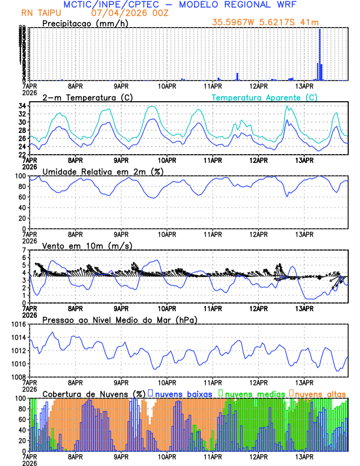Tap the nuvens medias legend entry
[x=252, y=394]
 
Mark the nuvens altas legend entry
[x=319, y=394]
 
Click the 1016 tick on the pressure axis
[x=18, y=324]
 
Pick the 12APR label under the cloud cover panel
[x=259, y=456]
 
